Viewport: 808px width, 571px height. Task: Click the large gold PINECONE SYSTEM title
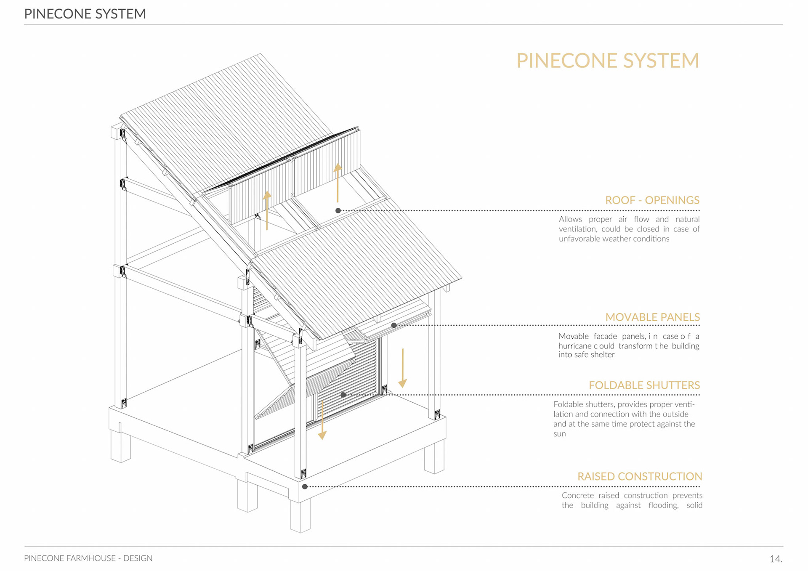coord(607,61)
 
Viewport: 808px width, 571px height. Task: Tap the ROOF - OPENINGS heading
coord(652,200)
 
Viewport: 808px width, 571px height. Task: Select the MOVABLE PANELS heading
coord(652,317)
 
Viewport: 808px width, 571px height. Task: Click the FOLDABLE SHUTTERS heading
coord(644,385)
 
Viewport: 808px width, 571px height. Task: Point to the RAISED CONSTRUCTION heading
coord(639,476)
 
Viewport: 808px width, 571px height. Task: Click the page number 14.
coord(776,559)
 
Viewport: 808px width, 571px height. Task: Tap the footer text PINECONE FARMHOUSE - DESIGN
coord(88,558)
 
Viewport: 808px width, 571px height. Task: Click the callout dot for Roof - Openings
coord(338,210)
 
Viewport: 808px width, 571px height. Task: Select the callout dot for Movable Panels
coord(394,325)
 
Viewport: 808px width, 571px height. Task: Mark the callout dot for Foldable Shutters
coord(343,395)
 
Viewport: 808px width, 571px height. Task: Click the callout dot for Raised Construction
coord(305,486)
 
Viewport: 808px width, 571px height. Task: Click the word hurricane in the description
coord(575,346)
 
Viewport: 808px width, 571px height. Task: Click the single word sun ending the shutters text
coord(559,434)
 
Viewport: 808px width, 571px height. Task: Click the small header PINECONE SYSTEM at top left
coord(85,14)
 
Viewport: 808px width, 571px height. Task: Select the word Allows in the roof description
coord(570,219)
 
